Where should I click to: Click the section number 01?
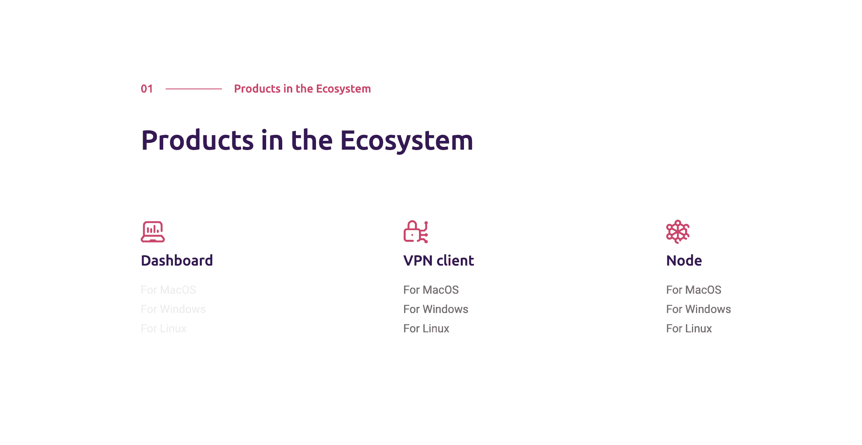(147, 89)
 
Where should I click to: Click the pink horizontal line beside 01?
(193, 89)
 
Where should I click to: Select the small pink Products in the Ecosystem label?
(302, 89)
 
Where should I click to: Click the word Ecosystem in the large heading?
(406, 140)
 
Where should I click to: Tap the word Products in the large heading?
(197, 140)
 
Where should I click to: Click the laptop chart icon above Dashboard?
(153, 232)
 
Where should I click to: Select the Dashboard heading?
(177, 260)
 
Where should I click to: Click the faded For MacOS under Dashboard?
(168, 290)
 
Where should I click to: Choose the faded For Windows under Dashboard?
(173, 309)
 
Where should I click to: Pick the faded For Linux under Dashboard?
(164, 328)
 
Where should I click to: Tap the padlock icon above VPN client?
(416, 232)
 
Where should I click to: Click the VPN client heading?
(439, 260)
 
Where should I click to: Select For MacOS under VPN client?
(431, 290)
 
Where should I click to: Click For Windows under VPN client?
(436, 309)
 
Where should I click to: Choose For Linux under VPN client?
(426, 328)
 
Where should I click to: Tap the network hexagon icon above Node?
(678, 232)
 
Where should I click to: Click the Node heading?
(684, 260)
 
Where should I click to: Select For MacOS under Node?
(694, 290)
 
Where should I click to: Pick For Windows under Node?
(698, 309)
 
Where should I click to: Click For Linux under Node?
(689, 328)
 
